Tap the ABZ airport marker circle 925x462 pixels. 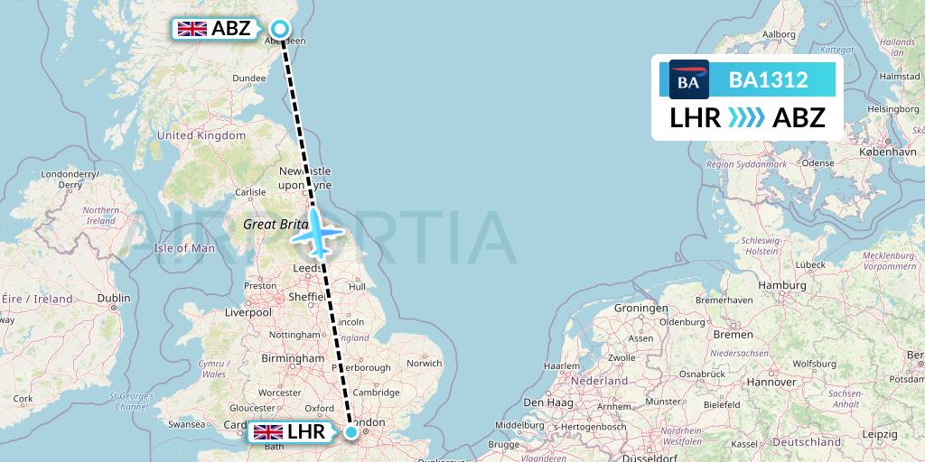pos(280,29)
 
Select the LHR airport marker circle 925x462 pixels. pos(351,433)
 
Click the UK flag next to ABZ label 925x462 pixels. pos(192,29)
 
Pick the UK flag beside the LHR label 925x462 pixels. pos(268,432)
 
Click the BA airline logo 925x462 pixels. pos(688,79)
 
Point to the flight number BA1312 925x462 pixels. pos(768,79)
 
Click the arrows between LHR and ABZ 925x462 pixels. pos(746,117)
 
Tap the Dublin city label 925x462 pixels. pos(114,299)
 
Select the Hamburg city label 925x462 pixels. pos(782,285)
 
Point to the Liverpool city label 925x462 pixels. pos(248,312)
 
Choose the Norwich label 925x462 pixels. pos(424,364)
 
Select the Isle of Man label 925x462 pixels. pos(184,248)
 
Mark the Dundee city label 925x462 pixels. pos(248,79)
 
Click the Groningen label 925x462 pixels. pos(640,308)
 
